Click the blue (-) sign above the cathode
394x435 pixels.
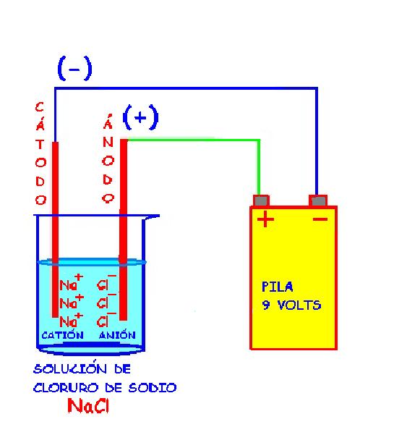tap(74, 68)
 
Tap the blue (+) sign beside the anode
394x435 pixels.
tap(140, 117)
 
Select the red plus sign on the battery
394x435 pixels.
tap(265, 219)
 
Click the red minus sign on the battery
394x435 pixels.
tap(320, 219)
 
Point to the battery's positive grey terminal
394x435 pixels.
tap(261, 200)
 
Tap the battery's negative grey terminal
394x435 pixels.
tap(318, 200)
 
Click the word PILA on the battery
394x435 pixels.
tap(278, 287)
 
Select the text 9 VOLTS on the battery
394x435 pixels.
tap(291, 305)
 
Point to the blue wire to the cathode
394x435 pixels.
tap(186, 88)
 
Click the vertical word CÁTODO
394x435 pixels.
tap(40, 153)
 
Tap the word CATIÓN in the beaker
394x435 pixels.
tap(63, 335)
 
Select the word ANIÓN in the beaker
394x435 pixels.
tap(117, 335)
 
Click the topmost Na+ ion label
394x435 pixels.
tap(71, 282)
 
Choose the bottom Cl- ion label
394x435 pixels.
tap(107, 319)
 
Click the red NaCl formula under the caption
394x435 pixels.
tap(88, 406)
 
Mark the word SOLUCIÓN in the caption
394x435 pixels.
tap(70, 368)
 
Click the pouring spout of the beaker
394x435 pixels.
tap(151, 216)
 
